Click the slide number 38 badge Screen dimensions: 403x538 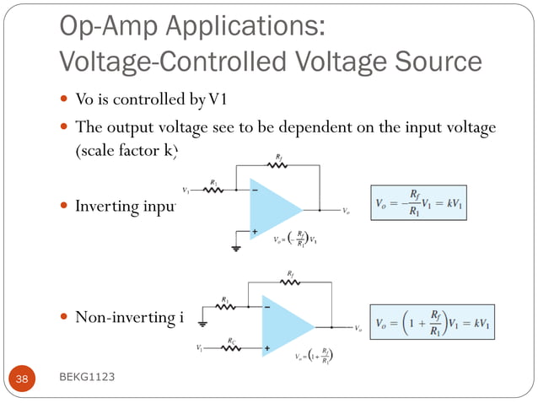(x=22, y=379)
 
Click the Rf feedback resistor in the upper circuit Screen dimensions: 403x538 (x=279, y=165)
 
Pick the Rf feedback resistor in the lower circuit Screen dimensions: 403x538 (x=291, y=282)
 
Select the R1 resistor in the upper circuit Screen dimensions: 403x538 (x=215, y=189)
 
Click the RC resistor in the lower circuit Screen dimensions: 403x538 (x=230, y=347)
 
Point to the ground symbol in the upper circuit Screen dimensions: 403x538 (x=237, y=248)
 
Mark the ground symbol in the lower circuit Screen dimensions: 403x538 (x=203, y=322)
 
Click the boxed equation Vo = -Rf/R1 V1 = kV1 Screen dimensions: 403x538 (x=419, y=203)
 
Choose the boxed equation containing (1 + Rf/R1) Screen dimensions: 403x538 (x=432, y=323)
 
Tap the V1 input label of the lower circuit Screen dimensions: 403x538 (x=199, y=348)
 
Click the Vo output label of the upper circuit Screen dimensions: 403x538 (x=347, y=209)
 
